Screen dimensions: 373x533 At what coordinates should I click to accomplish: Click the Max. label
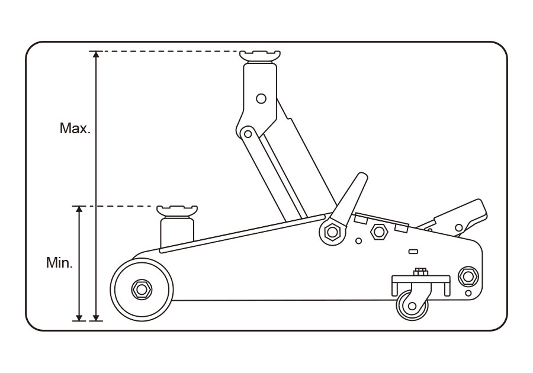[75, 128]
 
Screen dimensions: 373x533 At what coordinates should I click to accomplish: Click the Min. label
[59, 263]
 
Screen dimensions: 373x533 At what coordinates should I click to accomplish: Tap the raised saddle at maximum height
[259, 56]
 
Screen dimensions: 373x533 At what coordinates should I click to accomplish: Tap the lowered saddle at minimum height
[176, 211]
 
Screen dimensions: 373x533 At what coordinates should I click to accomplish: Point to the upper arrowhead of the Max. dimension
[95, 55]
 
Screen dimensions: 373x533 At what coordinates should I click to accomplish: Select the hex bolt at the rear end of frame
[468, 276]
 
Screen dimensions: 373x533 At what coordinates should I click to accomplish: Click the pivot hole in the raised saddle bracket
[261, 98]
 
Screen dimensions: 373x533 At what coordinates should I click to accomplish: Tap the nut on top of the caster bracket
[421, 272]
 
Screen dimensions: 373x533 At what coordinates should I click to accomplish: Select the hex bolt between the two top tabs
[378, 231]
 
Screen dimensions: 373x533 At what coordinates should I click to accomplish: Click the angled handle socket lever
[349, 198]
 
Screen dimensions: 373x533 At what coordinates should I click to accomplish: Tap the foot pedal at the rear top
[462, 214]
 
